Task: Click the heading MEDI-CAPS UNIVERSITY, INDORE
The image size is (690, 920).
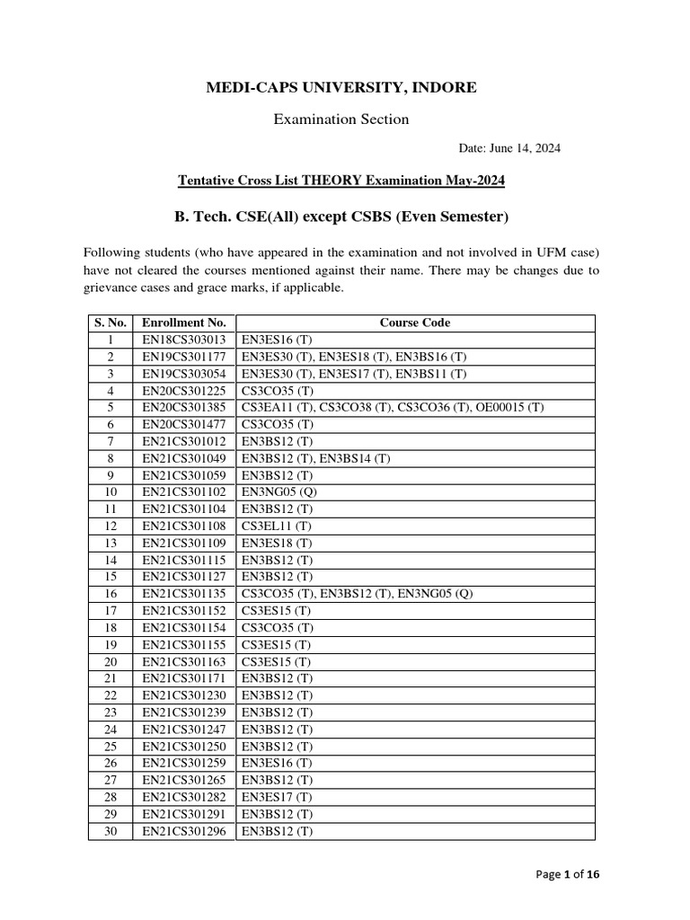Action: click(x=341, y=87)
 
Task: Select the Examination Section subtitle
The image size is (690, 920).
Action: click(x=341, y=119)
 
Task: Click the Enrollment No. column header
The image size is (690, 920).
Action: click(x=184, y=323)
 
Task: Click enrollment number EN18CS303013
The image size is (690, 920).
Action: click(x=184, y=340)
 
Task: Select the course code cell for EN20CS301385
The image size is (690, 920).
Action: click(x=392, y=408)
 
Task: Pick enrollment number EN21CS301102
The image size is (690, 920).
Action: click(x=184, y=492)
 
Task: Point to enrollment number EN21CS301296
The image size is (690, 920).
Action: click(x=184, y=831)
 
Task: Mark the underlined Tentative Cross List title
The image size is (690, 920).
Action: click(x=341, y=181)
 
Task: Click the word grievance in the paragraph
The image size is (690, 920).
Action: click(x=116, y=289)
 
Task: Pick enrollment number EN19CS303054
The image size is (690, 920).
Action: click(x=184, y=374)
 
